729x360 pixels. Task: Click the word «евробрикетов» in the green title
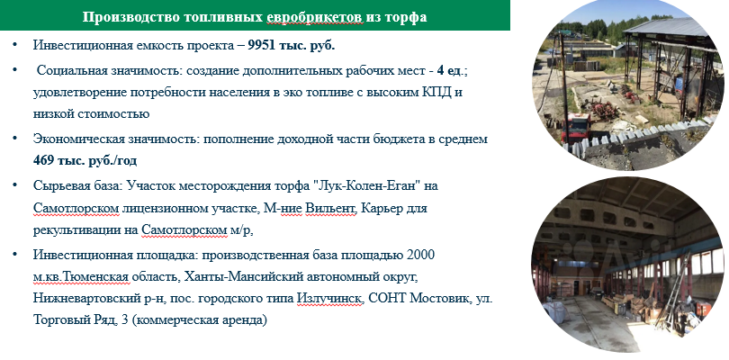[314, 17]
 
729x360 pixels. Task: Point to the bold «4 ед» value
[451, 70]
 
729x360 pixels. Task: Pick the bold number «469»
[45, 160]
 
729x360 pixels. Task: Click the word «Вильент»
[330, 208]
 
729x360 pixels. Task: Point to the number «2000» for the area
[420, 255]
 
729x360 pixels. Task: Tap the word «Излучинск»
[329, 299]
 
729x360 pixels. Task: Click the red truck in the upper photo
[576, 127]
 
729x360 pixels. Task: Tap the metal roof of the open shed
[670, 28]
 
